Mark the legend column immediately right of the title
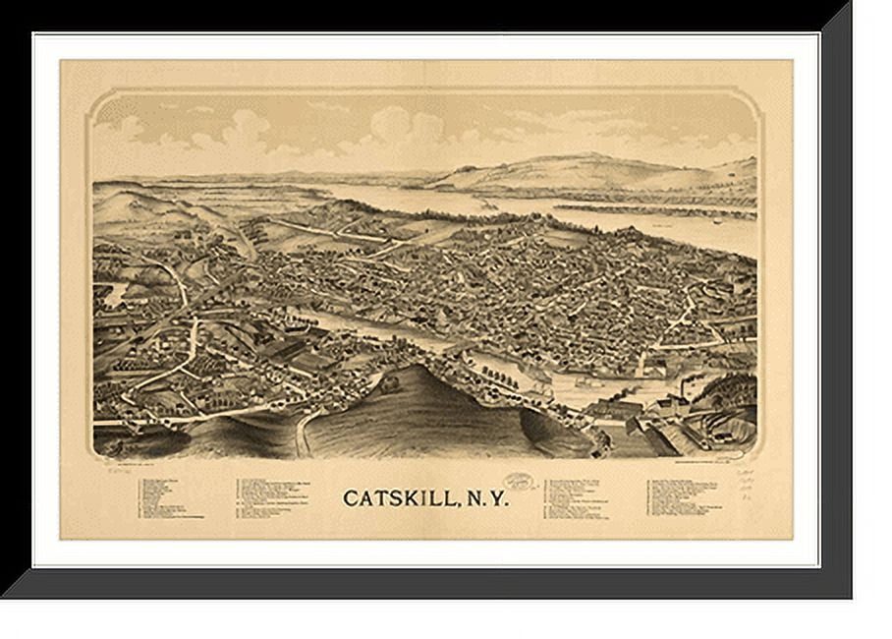[582, 497]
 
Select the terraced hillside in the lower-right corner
[722, 418]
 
